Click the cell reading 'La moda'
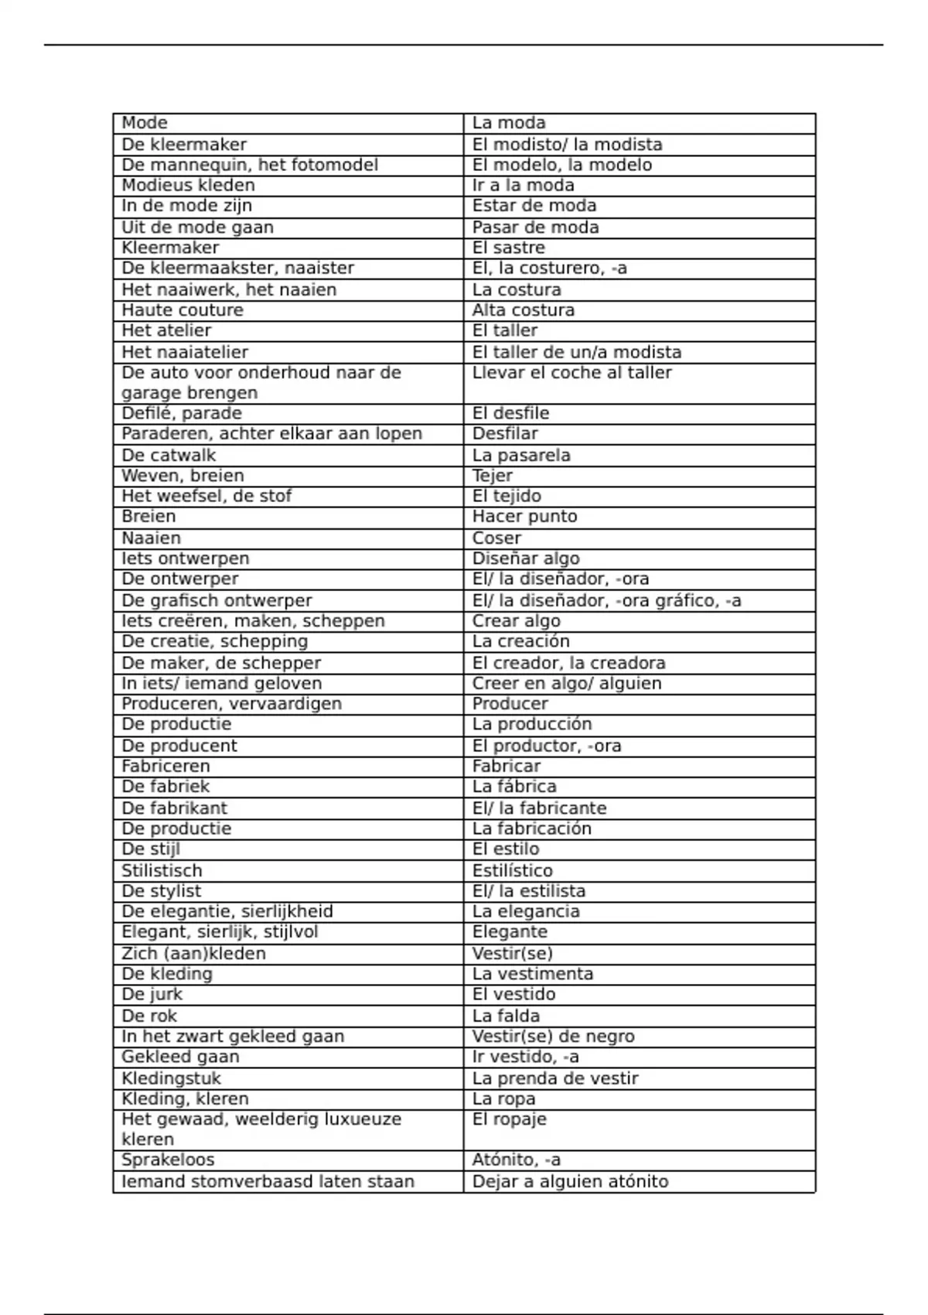pyautogui.click(x=509, y=123)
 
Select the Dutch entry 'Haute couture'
pyautogui.click(x=183, y=310)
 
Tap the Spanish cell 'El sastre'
pyautogui.click(x=509, y=248)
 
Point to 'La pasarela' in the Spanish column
pyautogui.click(x=521, y=455)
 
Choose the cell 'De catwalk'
pyautogui.click(x=169, y=455)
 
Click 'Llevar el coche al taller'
pyautogui.click(x=572, y=373)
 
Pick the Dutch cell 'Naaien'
pyautogui.click(x=152, y=538)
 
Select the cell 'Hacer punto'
pyautogui.click(x=525, y=517)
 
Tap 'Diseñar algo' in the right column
pyautogui.click(x=526, y=558)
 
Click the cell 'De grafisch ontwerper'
pyautogui.click(x=217, y=600)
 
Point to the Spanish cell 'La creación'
pyautogui.click(x=521, y=641)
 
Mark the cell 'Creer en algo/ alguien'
pyautogui.click(x=567, y=683)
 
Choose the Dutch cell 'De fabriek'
pyautogui.click(x=165, y=787)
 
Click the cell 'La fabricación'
pyautogui.click(x=532, y=828)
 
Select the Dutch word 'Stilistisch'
pyautogui.click(x=162, y=870)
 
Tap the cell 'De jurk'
pyautogui.click(x=152, y=994)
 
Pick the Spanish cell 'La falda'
pyautogui.click(x=506, y=1016)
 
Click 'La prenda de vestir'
pyautogui.click(x=555, y=1078)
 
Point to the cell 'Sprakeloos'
pyautogui.click(x=168, y=1160)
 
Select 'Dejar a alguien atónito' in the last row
pyautogui.click(x=570, y=1181)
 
